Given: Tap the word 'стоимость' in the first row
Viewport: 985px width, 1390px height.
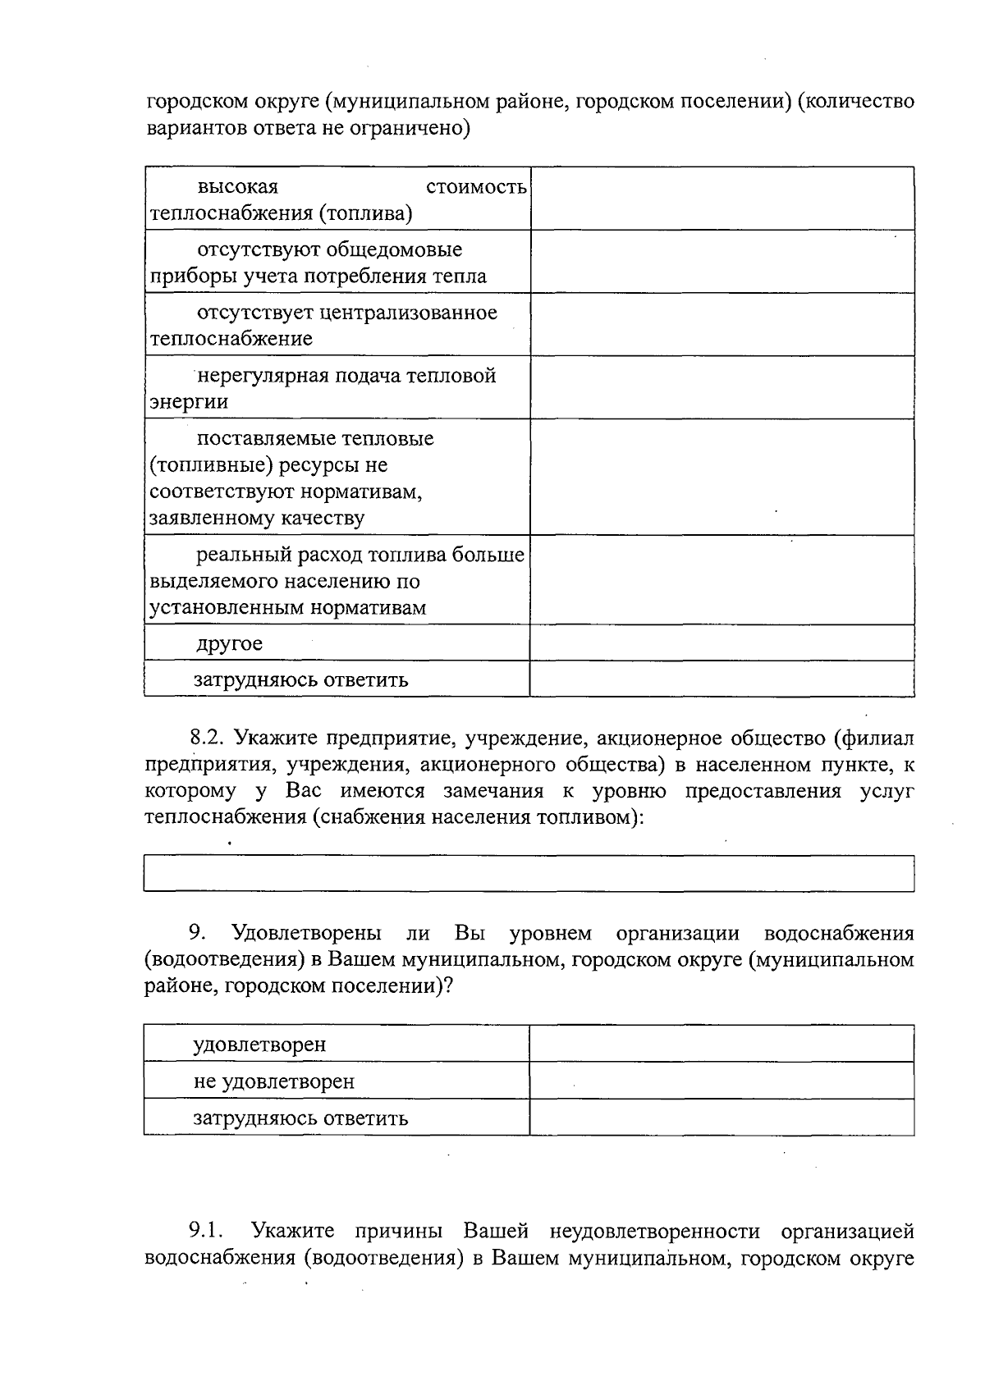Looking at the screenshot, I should pyautogui.click(x=476, y=187).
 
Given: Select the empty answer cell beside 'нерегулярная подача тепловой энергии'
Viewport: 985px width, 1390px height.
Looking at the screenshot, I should pyautogui.click(x=722, y=387).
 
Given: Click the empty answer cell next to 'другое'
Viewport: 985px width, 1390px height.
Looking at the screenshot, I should pyautogui.click(x=722, y=643).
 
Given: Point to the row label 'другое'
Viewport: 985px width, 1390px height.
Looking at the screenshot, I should pyautogui.click(x=230, y=643).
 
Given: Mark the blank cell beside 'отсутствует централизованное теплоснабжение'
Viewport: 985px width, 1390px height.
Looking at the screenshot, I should pyautogui.click(x=722, y=324).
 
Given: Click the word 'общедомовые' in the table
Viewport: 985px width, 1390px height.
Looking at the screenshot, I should pyautogui.click(x=394, y=249).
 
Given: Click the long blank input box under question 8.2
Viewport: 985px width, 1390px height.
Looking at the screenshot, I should pyautogui.click(x=529, y=873).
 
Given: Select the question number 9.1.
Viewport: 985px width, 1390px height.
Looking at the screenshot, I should pyautogui.click(x=207, y=1231).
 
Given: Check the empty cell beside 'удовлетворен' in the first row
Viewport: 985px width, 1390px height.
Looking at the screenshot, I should pyautogui.click(x=722, y=1044).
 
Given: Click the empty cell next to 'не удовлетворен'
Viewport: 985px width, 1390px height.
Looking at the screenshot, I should pyautogui.click(x=722, y=1081).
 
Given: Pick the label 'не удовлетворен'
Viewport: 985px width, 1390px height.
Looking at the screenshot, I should pyautogui.click(x=274, y=1081).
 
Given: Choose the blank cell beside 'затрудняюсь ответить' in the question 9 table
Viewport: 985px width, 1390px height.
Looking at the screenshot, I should pyautogui.click(x=722, y=1118).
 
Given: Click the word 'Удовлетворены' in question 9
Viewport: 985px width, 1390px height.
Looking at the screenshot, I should pyautogui.click(x=306, y=934).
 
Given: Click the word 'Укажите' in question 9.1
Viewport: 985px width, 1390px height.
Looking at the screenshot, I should pyautogui.click(x=293, y=1231).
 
